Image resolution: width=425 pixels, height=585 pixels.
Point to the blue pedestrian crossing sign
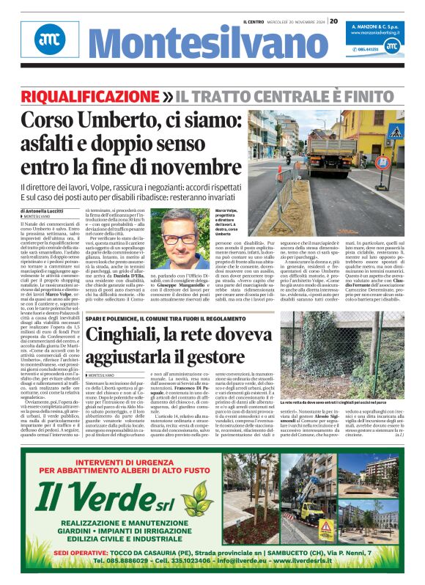point(396,134)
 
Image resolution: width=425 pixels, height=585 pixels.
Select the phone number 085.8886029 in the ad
point(122,561)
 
